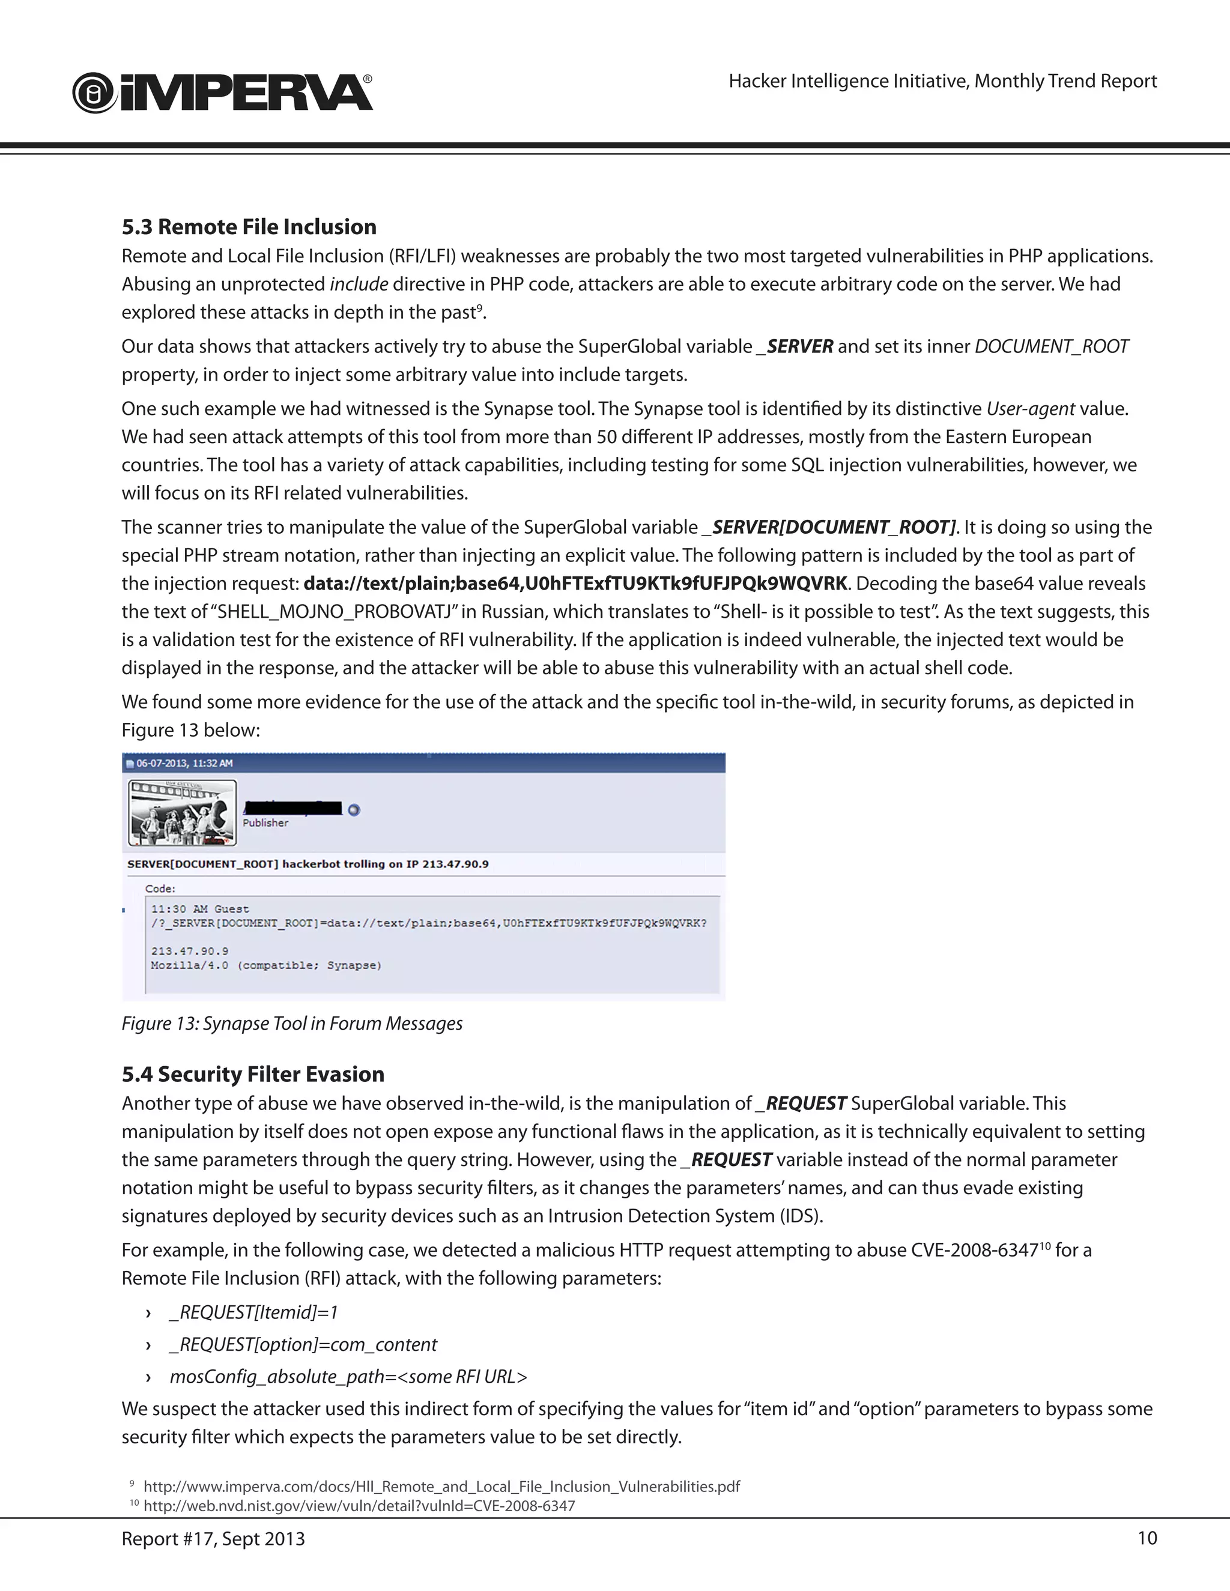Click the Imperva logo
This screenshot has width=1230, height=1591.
click(222, 92)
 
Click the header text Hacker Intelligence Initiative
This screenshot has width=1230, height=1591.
click(942, 81)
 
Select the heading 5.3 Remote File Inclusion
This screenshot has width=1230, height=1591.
click(249, 226)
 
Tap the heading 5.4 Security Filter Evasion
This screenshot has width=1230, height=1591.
click(253, 1074)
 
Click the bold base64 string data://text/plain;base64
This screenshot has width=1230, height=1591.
click(575, 584)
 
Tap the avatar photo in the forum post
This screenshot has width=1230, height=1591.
click(182, 812)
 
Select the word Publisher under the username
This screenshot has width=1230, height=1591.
click(265, 823)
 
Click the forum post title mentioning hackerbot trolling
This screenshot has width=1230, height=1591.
click(307, 864)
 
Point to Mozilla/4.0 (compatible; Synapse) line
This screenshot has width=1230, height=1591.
click(266, 965)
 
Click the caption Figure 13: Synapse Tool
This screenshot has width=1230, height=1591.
click(291, 1024)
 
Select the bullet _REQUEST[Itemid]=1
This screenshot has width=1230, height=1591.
click(253, 1312)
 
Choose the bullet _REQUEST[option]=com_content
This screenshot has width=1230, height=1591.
click(303, 1344)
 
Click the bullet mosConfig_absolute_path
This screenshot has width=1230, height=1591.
click(348, 1376)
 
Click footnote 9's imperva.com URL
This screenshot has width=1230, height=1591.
click(441, 1486)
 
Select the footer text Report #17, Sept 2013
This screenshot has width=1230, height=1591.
click(213, 1539)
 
